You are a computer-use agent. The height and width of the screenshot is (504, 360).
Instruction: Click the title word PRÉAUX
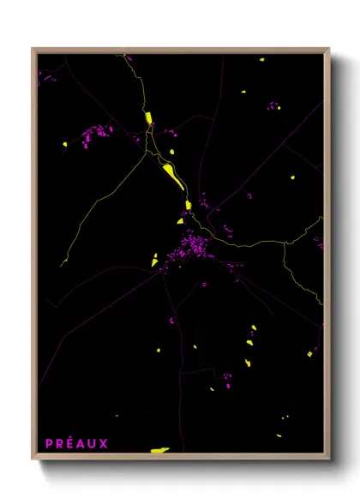(77, 443)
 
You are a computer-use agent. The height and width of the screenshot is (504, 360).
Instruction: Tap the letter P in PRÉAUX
(50, 443)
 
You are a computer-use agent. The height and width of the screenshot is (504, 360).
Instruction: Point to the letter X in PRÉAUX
(105, 443)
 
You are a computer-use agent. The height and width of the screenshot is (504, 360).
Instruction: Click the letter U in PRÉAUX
(93, 443)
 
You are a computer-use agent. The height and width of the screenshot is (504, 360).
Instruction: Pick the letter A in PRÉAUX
(82, 443)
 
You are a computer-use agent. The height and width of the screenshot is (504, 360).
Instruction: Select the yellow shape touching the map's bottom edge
(160, 449)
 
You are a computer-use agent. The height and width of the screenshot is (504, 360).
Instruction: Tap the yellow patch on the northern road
(148, 117)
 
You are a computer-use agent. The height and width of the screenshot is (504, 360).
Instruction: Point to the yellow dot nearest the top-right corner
(261, 60)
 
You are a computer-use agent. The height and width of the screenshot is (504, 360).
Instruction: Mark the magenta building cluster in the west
(96, 135)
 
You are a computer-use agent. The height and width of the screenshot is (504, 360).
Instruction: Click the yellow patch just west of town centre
(155, 259)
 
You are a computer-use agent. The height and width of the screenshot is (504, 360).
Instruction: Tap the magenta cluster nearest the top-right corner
(273, 106)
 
